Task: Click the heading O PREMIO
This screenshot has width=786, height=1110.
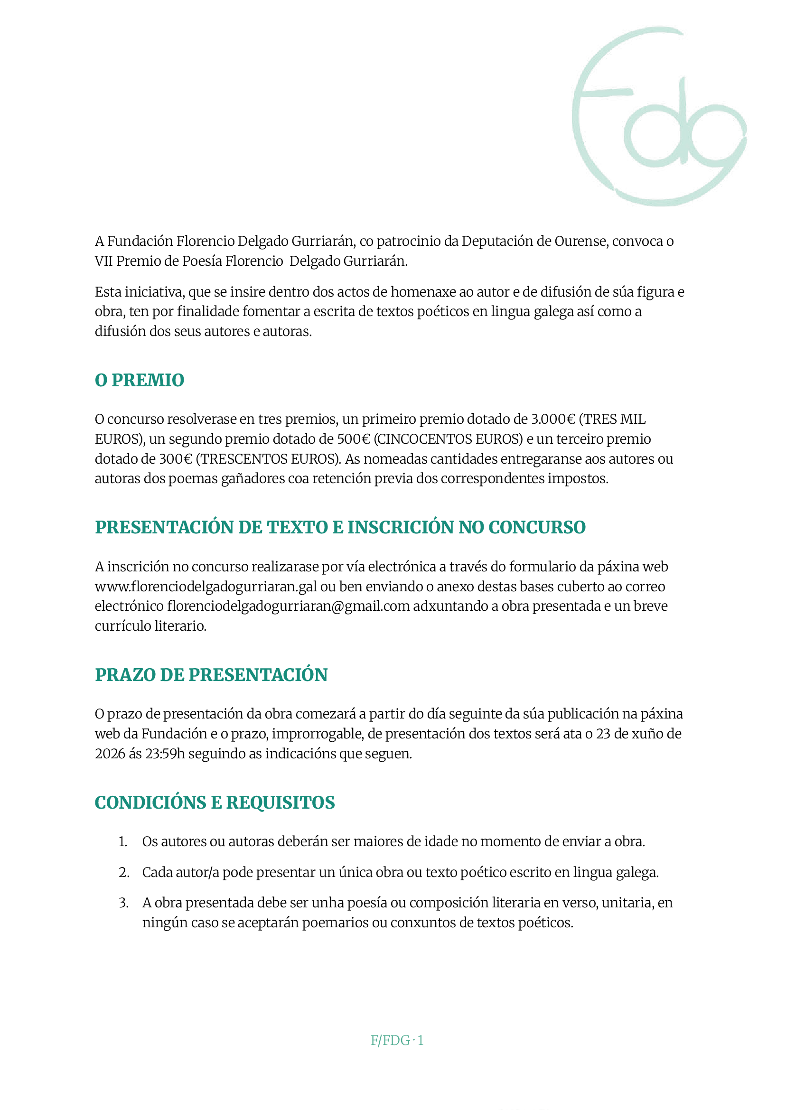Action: point(140,380)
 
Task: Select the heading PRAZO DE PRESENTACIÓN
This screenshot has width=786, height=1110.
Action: point(211,675)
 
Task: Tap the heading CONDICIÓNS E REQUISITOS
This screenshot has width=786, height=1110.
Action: point(215,803)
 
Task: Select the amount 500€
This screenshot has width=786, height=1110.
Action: point(353,439)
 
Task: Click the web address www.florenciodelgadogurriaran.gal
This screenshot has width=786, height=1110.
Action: point(206,587)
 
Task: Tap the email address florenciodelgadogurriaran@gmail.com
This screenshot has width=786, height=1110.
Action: point(289,606)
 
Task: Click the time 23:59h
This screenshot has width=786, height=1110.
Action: point(165,754)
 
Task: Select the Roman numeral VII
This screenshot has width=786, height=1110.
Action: point(104,261)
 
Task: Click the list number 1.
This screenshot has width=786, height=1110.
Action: point(122,842)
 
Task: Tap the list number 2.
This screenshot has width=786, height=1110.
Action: point(123,872)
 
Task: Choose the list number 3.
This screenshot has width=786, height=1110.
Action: point(123,903)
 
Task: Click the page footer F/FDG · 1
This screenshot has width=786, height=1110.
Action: point(397,1040)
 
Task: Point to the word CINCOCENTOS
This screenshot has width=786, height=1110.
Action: point(423,439)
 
